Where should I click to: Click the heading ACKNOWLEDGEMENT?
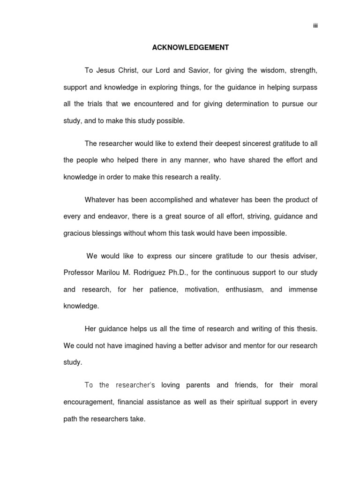tap(190, 48)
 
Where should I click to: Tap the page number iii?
tap(315, 25)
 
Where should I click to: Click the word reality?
tap(210, 177)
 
